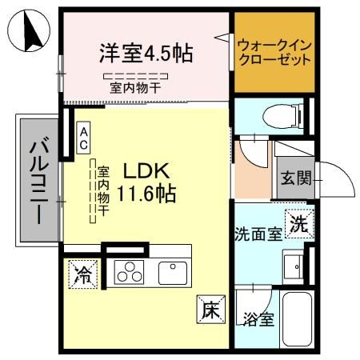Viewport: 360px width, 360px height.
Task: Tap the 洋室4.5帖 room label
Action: [x=146, y=54]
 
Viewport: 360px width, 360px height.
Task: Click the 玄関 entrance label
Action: [x=293, y=177]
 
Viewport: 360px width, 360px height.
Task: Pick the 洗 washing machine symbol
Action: [x=298, y=224]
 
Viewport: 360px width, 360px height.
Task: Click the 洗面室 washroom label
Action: [x=256, y=234]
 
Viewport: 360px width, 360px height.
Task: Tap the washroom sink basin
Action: [x=295, y=265]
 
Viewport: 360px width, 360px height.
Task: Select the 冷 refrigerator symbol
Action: [x=82, y=274]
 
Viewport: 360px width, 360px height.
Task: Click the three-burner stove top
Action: [x=128, y=273]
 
